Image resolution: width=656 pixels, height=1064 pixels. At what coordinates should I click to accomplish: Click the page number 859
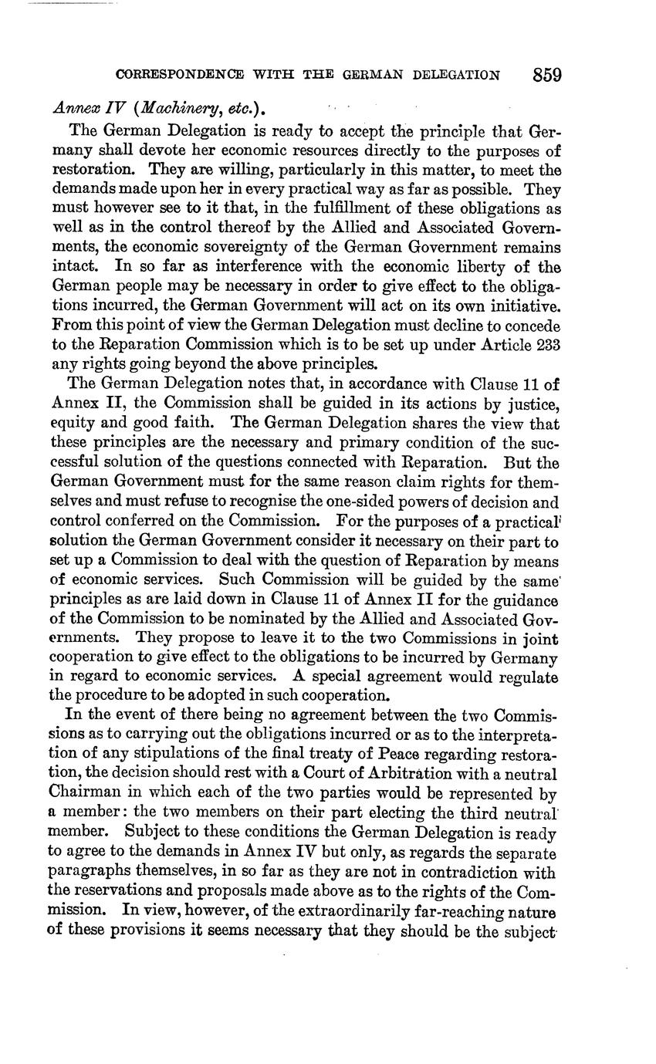pyautogui.click(x=546, y=75)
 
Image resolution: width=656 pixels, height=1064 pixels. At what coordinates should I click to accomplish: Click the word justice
pyautogui.click(x=533, y=404)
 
